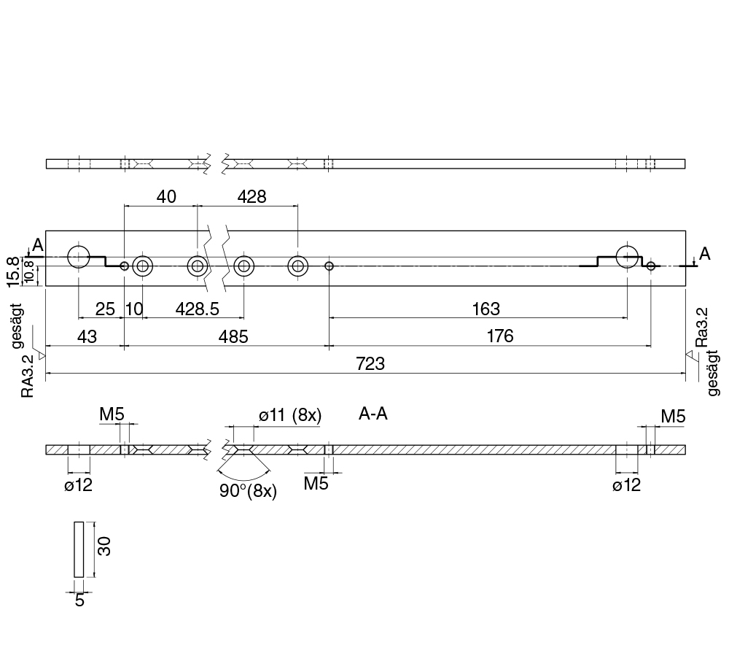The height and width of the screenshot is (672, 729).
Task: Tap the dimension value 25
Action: (x=106, y=309)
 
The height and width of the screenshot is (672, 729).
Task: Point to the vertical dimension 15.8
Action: (x=12, y=270)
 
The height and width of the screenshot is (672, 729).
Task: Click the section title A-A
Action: (x=373, y=414)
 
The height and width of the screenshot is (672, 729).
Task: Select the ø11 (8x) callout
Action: (x=290, y=415)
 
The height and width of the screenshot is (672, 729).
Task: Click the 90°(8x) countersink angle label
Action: (x=247, y=491)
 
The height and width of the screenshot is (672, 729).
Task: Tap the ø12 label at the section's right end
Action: (x=626, y=484)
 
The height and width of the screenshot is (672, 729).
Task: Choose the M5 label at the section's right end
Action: (x=673, y=417)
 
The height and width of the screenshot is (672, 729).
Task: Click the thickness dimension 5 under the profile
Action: (x=79, y=600)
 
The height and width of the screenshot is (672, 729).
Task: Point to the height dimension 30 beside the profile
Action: (x=104, y=547)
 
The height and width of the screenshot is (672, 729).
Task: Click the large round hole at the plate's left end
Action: (x=78, y=256)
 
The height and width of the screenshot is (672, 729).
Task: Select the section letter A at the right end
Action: (x=704, y=254)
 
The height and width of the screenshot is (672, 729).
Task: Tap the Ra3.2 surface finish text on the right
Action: (x=701, y=326)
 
